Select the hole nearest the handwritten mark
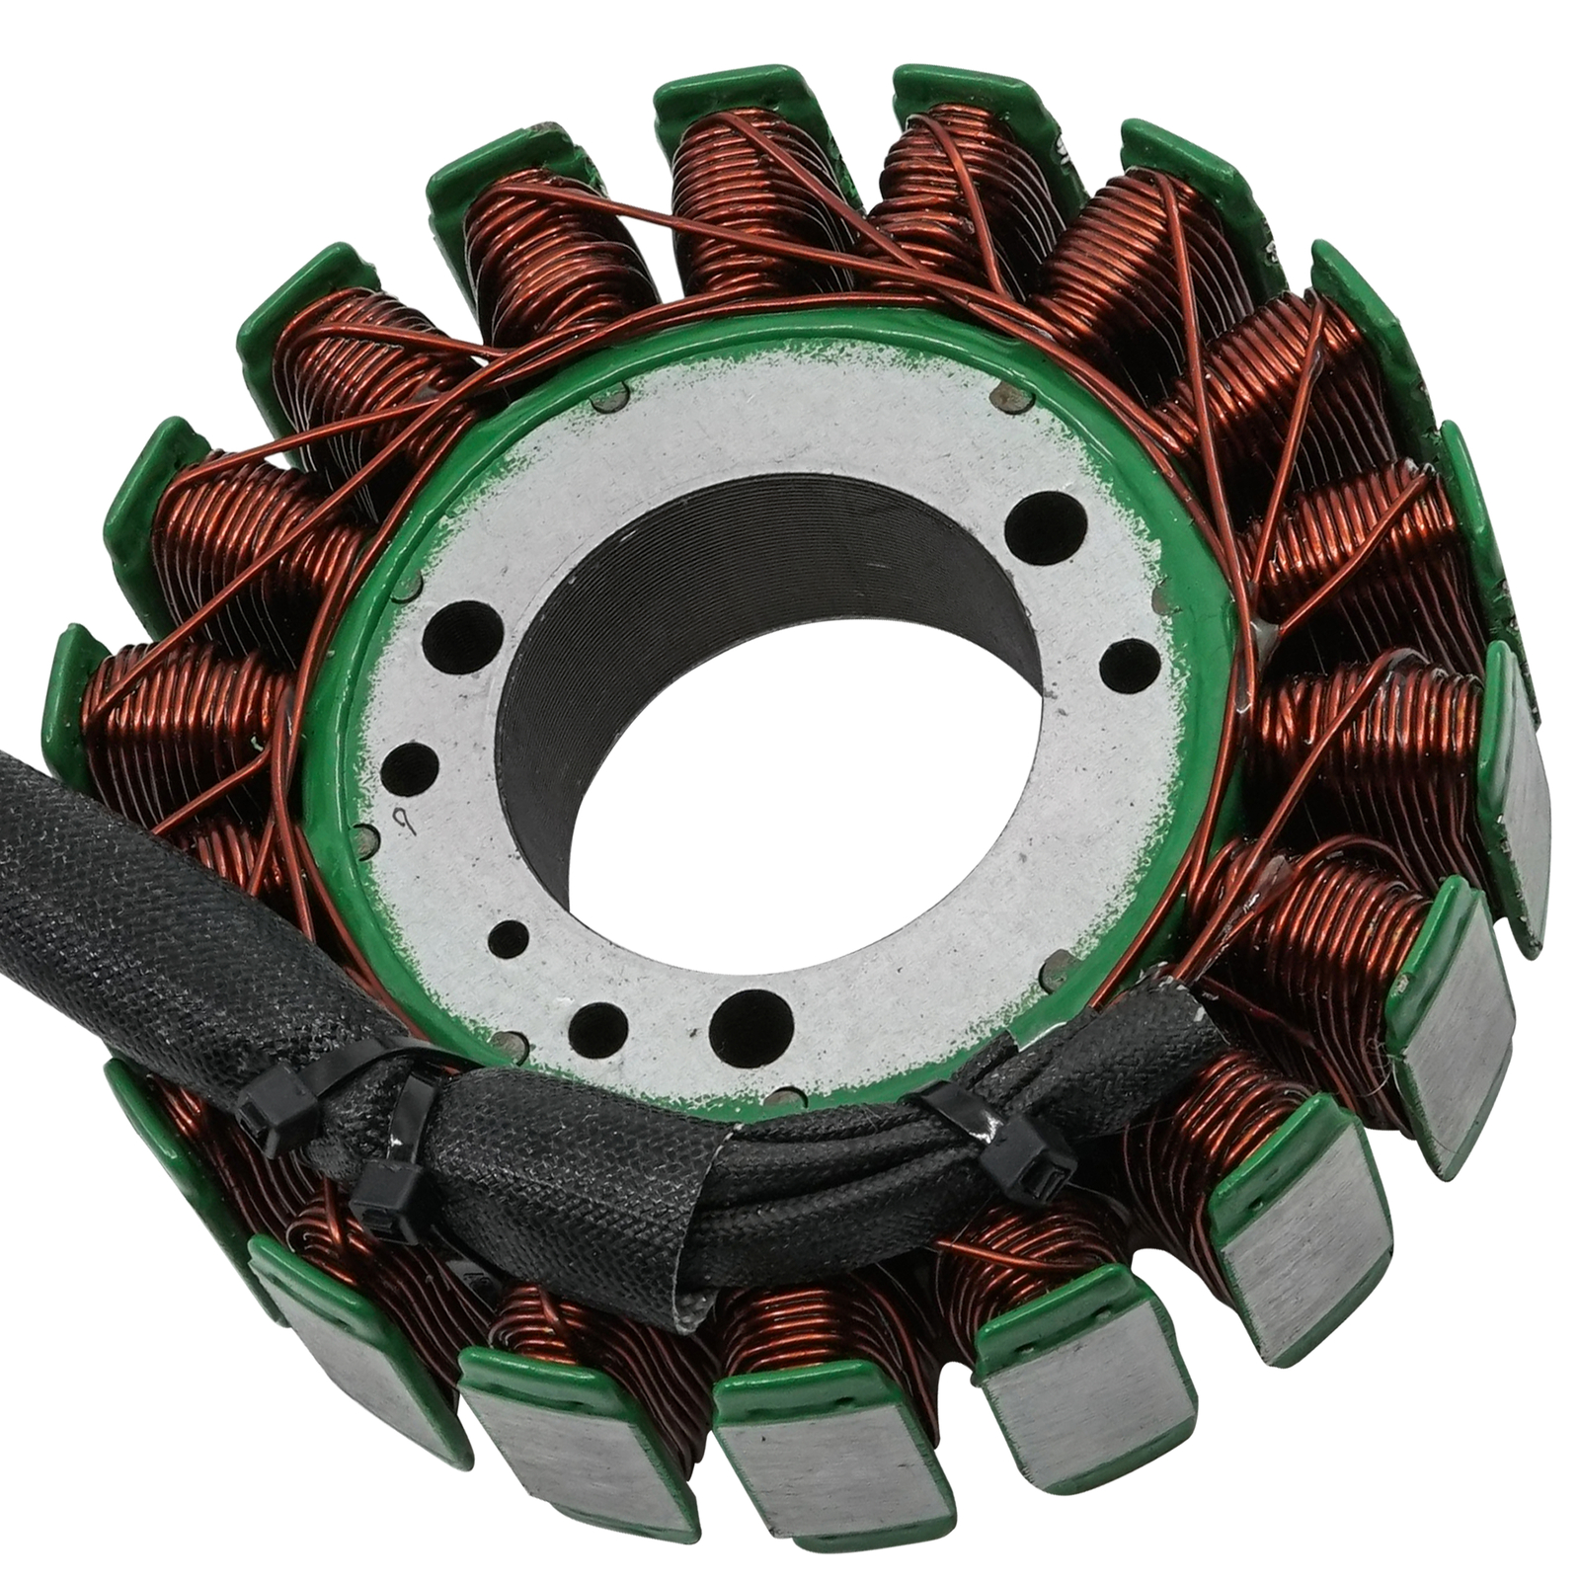pos(409,765)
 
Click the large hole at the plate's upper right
pos(1046,519)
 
